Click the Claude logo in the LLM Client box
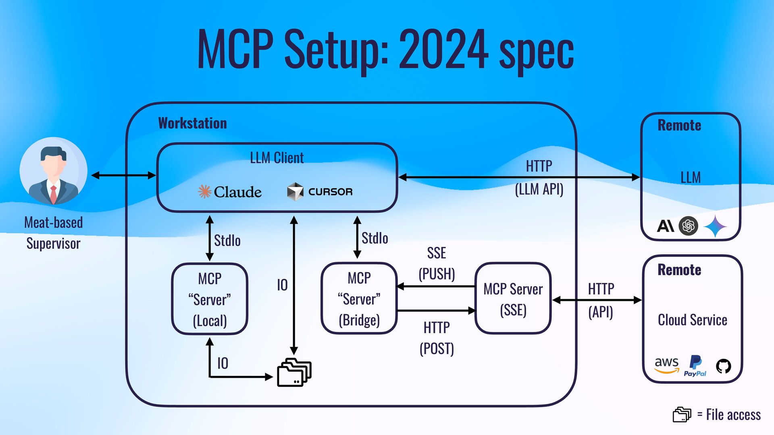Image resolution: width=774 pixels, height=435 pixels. pyautogui.click(x=230, y=192)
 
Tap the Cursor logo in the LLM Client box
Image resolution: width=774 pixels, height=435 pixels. pyautogui.click(x=320, y=192)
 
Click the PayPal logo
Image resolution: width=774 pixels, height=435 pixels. pyautogui.click(x=695, y=366)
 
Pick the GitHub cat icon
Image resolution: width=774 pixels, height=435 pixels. pyautogui.click(x=723, y=366)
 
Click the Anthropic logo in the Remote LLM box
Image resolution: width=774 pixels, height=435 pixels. pyautogui.click(x=665, y=226)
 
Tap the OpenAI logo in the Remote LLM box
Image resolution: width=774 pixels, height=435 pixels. pyautogui.click(x=688, y=226)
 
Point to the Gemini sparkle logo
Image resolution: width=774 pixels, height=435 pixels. pyautogui.click(x=715, y=226)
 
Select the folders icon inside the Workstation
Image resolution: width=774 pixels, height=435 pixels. pyautogui.click(x=294, y=372)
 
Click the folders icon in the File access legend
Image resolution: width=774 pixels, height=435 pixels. pyautogui.click(x=682, y=414)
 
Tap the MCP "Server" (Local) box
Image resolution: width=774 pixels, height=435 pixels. pyautogui.click(x=210, y=299)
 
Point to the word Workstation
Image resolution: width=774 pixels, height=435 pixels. pyautogui.click(x=192, y=123)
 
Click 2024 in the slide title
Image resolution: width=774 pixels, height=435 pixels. pyautogui.click(x=443, y=49)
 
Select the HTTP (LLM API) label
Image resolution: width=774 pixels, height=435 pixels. pyautogui.click(x=539, y=177)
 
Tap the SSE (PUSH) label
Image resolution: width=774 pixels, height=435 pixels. pyautogui.click(x=437, y=263)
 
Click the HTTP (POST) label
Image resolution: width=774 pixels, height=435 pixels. pyautogui.click(x=437, y=338)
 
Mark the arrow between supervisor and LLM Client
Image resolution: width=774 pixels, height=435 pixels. pyautogui.click(x=123, y=175)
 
